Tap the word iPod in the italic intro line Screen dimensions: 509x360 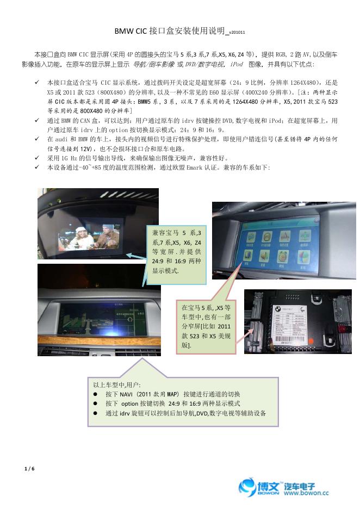(x=237, y=64)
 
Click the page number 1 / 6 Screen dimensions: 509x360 (x=29, y=468)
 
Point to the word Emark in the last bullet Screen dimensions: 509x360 (x=204, y=167)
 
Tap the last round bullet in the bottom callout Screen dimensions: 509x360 (x=95, y=413)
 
